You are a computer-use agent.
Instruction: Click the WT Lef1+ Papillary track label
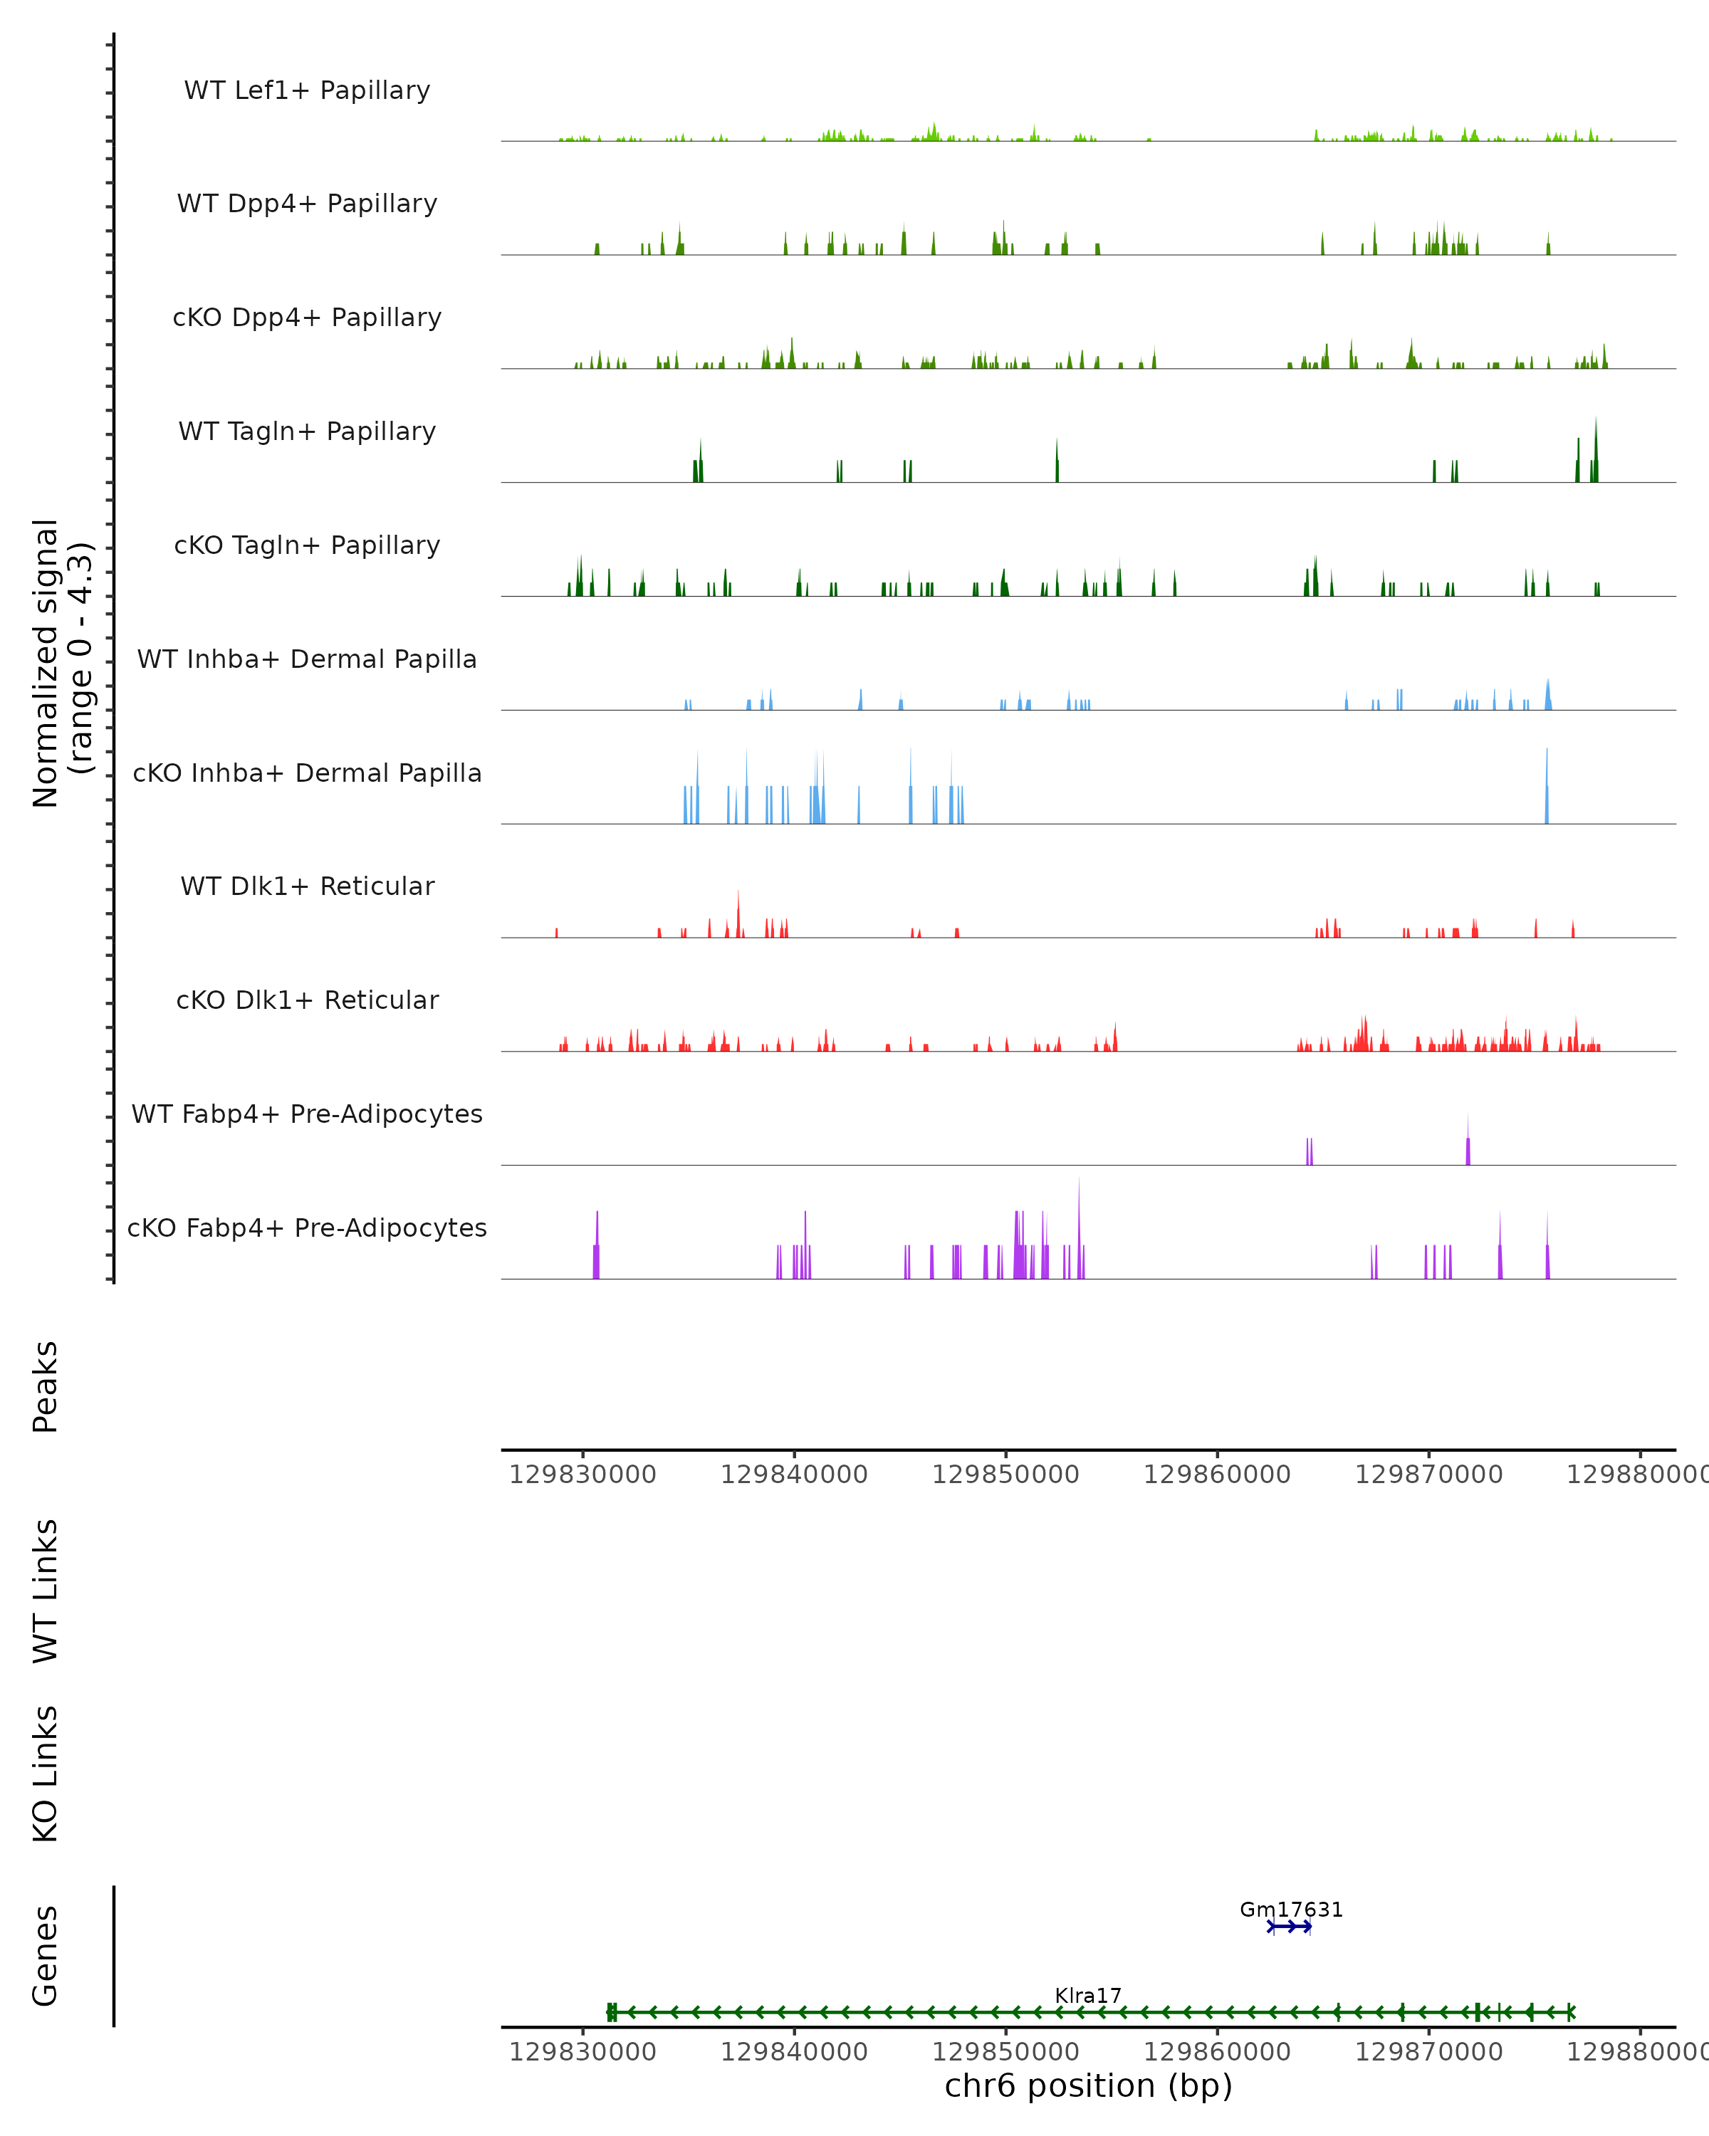307,90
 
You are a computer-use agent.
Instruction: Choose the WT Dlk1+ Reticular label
307,886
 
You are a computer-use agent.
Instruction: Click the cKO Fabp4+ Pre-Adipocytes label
307,1227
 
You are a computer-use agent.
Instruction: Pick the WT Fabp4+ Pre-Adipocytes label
307,1114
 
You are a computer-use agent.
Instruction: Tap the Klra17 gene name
1088,1995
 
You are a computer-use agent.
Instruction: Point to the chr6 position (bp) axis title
1088,2085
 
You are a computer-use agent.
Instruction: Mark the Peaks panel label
46,1386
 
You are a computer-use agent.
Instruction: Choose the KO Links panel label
46,1774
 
